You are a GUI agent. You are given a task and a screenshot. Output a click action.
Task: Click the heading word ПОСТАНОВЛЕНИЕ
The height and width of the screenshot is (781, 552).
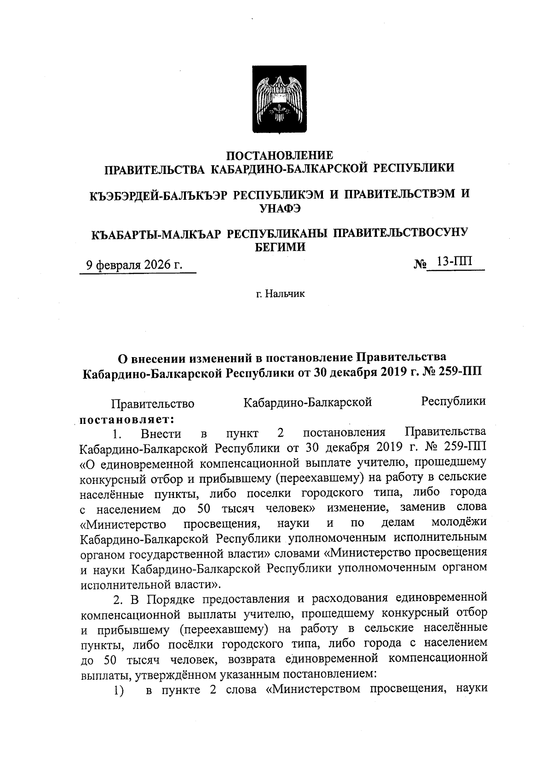[280, 155]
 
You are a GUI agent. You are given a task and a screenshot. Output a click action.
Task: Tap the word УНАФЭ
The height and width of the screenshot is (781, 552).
[280, 208]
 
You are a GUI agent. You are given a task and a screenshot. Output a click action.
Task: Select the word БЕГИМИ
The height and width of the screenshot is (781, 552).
[280, 247]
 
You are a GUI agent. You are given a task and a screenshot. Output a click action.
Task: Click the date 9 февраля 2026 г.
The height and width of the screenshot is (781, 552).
[134, 265]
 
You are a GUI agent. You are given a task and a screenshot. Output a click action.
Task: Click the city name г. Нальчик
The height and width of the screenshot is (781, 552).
[280, 293]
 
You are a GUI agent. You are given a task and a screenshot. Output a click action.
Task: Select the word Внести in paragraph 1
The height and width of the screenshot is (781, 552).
[161, 434]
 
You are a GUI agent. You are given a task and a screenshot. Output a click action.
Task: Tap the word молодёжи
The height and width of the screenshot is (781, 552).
[459, 523]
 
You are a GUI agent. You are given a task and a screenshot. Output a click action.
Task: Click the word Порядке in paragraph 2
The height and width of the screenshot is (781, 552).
[169, 599]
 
